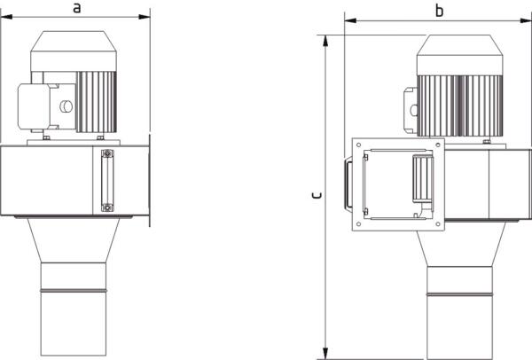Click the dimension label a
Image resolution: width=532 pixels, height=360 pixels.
point(77,8)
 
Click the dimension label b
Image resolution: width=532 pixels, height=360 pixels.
point(440,11)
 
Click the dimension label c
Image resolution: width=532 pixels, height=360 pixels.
point(317,195)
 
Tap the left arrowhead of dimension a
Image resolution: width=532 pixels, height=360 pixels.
point(7,17)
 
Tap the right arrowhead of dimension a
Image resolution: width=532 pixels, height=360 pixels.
point(144,17)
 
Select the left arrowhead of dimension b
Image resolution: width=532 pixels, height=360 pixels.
point(350,20)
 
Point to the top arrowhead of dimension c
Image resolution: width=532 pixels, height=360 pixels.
point(325,41)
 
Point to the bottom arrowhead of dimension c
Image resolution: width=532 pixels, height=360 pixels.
point(325,353)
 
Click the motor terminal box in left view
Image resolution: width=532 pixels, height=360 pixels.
point(34,106)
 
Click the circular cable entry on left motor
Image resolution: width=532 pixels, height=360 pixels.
point(66,106)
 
